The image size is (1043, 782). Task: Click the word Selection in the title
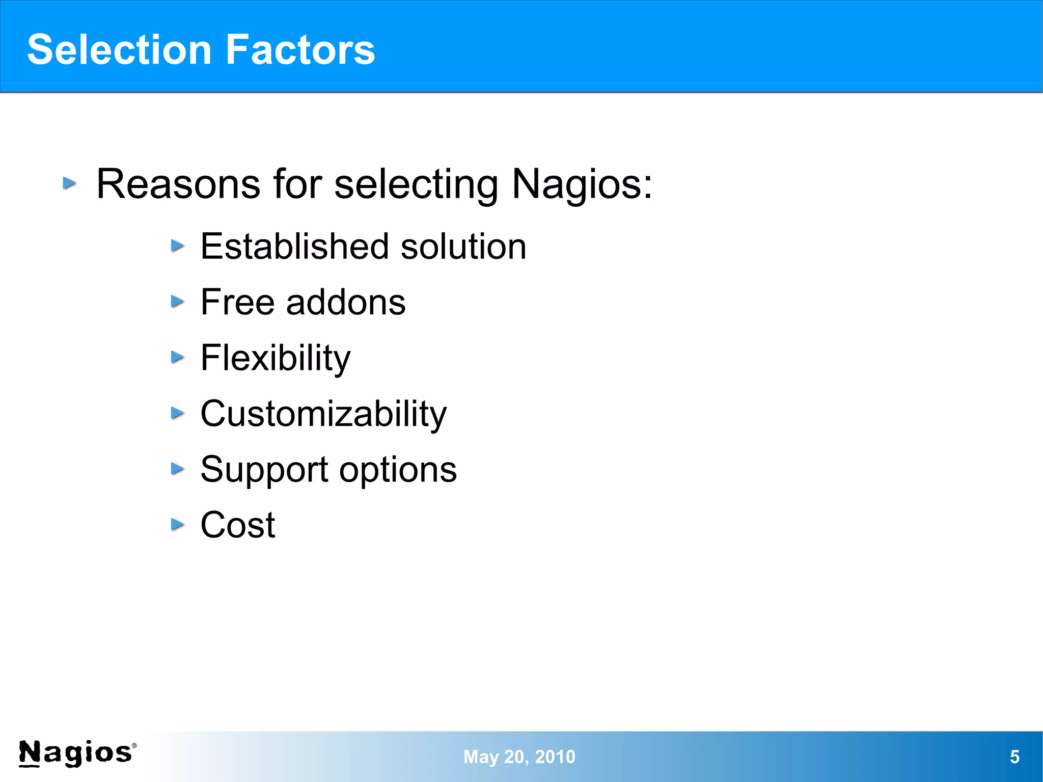(x=119, y=49)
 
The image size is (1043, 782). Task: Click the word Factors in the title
(x=300, y=49)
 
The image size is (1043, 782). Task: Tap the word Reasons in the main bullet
(x=179, y=184)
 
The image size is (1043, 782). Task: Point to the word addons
(x=346, y=302)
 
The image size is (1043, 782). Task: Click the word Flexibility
(x=276, y=358)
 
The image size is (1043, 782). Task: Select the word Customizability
(x=323, y=414)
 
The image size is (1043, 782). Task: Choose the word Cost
(x=237, y=525)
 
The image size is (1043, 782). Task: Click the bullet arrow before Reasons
(x=70, y=183)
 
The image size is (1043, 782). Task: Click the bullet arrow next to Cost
(x=177, y=524)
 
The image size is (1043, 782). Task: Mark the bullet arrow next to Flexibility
(x=177, y=357)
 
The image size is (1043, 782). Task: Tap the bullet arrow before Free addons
(x=177, y=301)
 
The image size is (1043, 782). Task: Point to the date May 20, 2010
(x=519, y=757)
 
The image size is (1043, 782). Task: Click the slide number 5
(x=1014, y=757)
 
